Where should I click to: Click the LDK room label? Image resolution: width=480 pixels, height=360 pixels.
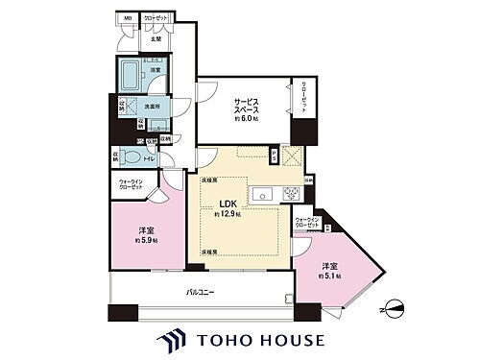(228, 204)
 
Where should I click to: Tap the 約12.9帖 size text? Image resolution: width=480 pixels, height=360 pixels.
(228, 214)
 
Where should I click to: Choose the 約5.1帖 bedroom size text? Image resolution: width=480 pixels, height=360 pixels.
(335, 278)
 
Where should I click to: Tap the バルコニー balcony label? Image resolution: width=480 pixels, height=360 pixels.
(199, 290)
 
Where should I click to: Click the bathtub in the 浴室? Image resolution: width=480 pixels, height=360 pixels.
(128, 72)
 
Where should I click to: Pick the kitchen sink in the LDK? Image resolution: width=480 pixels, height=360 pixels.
(262, 196)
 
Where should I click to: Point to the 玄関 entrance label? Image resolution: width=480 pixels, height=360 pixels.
(156, 37)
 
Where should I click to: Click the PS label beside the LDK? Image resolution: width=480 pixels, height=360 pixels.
(274, 153)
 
